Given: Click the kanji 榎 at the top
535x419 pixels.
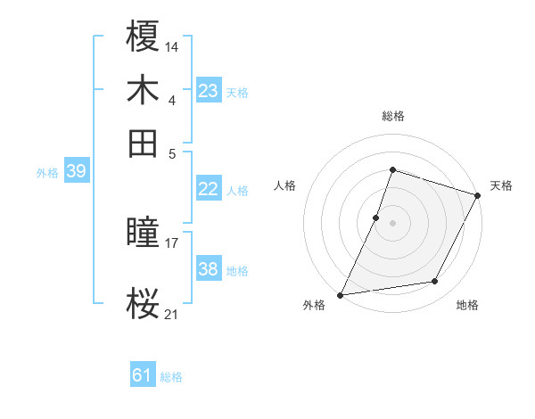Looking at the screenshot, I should (144, 37).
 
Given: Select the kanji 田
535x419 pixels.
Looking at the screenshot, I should (144, 143).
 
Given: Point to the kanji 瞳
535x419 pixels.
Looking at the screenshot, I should (144, 234).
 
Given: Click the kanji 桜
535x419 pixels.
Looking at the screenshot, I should (144, 305).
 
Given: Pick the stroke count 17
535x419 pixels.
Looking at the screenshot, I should (172, 242).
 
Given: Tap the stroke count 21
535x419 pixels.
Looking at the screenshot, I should (172, 313).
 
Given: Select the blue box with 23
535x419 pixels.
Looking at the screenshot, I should (208, 91).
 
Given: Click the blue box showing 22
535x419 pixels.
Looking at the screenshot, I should (208, 189).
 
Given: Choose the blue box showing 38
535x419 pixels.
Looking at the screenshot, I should (208, 269).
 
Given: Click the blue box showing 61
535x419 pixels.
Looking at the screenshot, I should (143, 375).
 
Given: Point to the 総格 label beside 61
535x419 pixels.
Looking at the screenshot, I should (171, 377).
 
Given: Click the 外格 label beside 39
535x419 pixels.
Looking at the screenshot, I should (47, 173).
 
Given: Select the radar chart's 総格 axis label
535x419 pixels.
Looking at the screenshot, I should (392, 116).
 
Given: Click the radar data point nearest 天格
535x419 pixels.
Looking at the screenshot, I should (478, 195).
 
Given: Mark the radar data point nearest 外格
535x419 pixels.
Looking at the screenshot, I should (341, 294).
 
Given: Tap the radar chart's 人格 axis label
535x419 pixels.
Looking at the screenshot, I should (285, 185).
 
